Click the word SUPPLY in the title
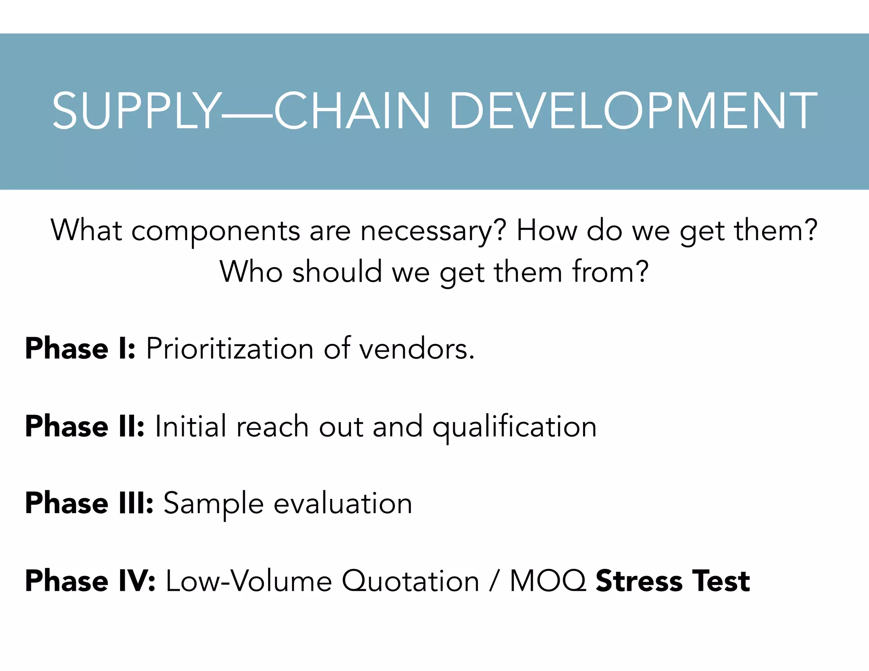click(x=136, y=111)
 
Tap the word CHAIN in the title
click(x=352, y=111)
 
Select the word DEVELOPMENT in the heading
click(x=633, y=111)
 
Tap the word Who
click(x=251, y=271)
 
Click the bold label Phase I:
click(x=80, y=349)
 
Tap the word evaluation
click(x=343, y=503)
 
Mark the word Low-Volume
click(x=249, y=581)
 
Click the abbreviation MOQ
click(x=548, y=581)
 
